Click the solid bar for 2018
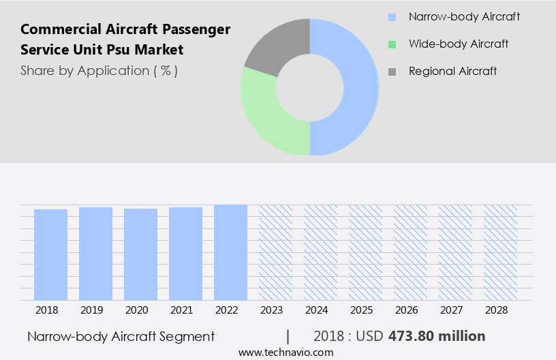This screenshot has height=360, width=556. coord(50,254)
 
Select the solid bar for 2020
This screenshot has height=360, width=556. coord(140,254)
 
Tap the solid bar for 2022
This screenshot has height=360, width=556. coord(230,252)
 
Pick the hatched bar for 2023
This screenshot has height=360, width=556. coord(275,252)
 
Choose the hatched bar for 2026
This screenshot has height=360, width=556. coord(410,252)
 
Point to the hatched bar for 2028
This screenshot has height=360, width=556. coord(500,252)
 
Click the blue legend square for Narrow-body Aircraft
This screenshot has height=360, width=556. coord(391,17)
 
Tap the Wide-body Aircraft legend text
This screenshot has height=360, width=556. coord(459,44)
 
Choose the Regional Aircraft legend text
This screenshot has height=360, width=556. coord(452,71)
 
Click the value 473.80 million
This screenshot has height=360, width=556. coord(437,336)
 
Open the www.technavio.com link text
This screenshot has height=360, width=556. coord(285,352)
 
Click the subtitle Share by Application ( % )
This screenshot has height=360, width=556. coord(99,71)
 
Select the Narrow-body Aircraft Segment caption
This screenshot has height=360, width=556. coord(121,336)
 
